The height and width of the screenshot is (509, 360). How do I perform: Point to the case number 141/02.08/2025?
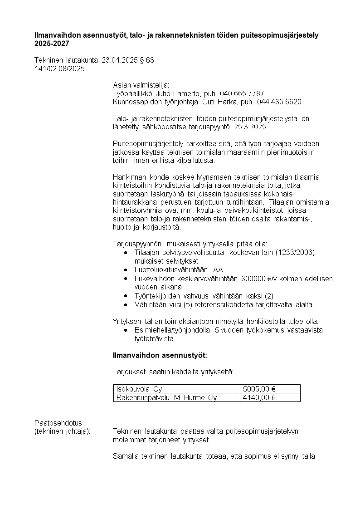59,69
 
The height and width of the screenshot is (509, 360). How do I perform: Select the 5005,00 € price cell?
260,389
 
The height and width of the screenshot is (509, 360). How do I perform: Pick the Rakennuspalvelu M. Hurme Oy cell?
166,397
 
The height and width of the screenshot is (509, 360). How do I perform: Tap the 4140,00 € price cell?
260,397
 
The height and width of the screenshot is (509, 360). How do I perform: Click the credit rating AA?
218,269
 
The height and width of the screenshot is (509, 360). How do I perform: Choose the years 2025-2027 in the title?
52,44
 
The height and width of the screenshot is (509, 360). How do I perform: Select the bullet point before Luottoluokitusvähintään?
125,270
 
